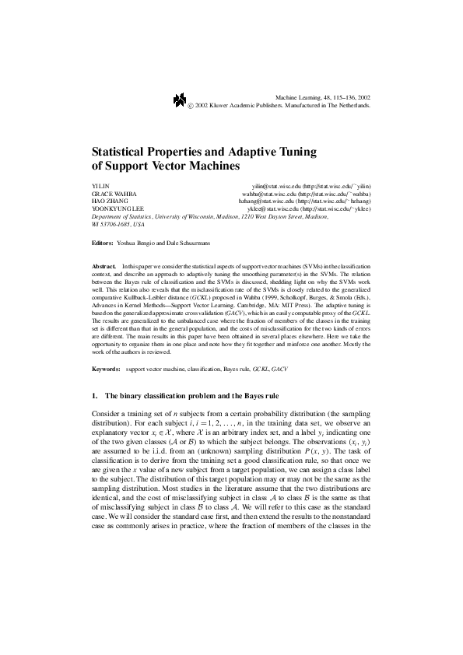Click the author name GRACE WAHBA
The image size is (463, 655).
point(110,194)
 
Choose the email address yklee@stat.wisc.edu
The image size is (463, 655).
point(272,209)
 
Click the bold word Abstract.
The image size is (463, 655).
point(103,266)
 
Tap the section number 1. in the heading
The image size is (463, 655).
point(95,395)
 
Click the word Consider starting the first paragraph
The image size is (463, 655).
point(106,412)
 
